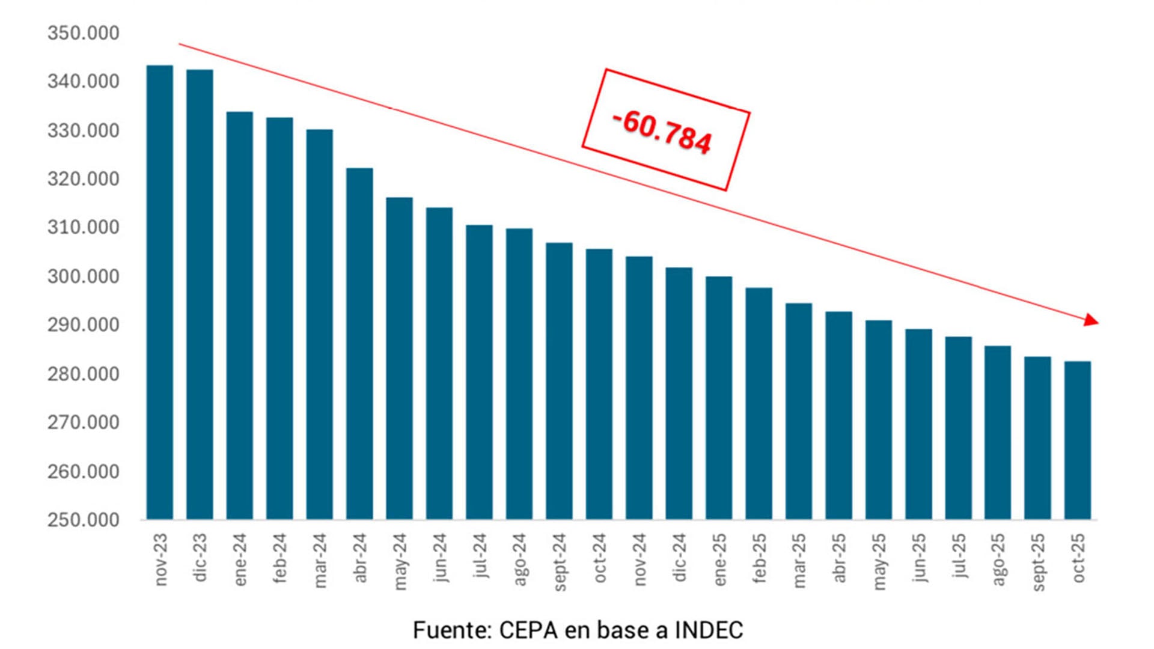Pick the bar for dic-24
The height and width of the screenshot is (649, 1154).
coord(679,394)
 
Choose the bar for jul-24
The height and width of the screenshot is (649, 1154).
coord(479,373)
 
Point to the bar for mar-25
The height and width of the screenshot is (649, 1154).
coord(799,412)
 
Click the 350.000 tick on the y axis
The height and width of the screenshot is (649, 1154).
coord(84,33)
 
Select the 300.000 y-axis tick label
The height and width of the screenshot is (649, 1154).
coord(84,276)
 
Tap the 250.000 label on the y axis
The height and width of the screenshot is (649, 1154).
coord(84,520)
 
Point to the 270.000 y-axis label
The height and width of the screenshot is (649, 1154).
coord(84,422)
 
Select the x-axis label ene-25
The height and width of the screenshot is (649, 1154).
coord(719,559)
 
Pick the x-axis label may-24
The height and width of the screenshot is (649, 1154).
coord(400,561)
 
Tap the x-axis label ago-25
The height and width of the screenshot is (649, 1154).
coord(998,559)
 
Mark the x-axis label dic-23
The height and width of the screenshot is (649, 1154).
coord(200,557)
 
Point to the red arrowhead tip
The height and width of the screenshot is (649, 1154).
coord(1097,321)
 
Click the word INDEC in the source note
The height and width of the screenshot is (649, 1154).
coord(709,630)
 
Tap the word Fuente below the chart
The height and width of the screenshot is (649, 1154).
coord(451,630)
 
